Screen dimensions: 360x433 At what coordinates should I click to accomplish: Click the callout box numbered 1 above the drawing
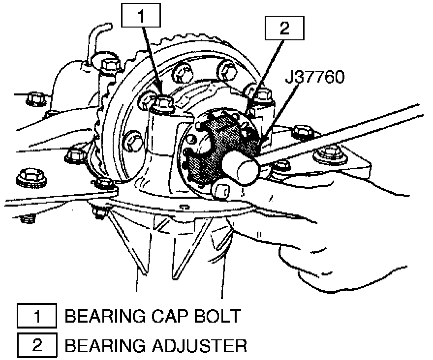point(141,16)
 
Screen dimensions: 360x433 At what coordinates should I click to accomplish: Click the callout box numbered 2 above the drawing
point(284,29)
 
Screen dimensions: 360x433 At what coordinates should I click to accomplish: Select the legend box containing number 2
point(36,345)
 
